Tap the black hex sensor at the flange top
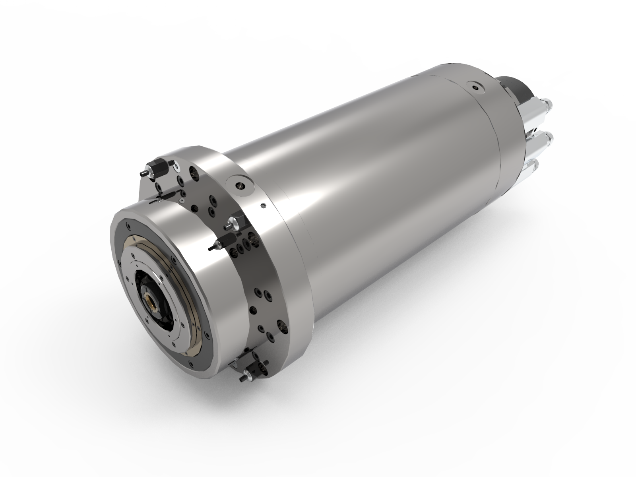[158, 169]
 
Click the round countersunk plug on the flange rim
[240, 185]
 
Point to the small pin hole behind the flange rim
[263, 206]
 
